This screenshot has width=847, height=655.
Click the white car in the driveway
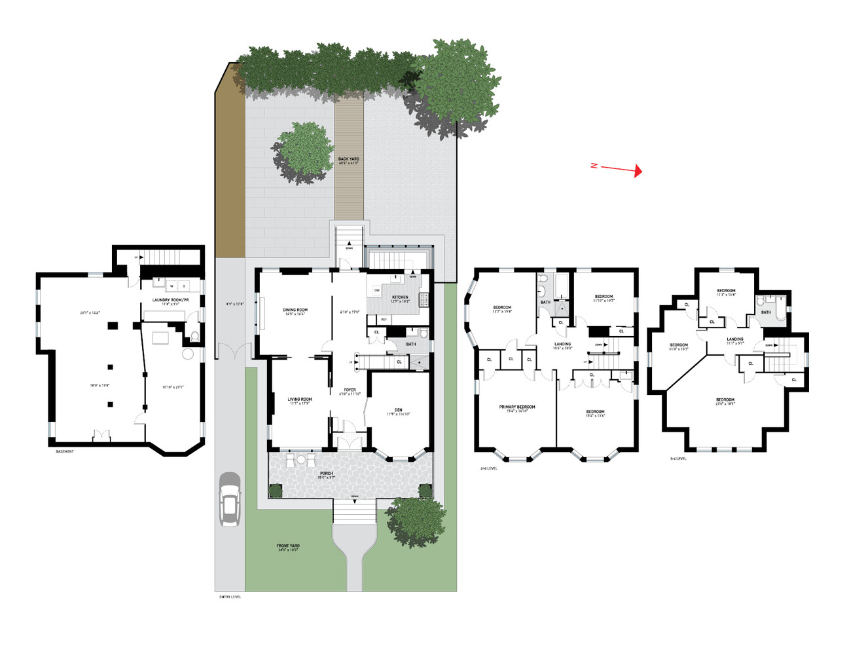point(230,499)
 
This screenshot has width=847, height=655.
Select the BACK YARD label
point(348,159)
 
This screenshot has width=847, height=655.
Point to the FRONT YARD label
point(288,546)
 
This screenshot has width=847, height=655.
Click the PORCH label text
point(327,474)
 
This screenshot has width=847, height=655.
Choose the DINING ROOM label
point(295,310)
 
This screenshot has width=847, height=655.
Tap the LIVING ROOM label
point(300,400)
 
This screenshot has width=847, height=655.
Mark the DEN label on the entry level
point(398,410)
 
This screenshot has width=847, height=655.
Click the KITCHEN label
point(400,297)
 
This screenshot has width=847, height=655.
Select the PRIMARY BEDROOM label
point(517,407)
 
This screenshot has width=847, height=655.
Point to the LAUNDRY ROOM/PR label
point(170,300)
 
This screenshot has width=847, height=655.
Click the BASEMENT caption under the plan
point(65,452)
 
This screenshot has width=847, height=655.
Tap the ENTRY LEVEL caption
point(230,597)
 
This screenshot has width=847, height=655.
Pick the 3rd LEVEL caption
point(678,458)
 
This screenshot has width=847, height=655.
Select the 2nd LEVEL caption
point(488,468)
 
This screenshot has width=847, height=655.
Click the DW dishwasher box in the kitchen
point(377,290)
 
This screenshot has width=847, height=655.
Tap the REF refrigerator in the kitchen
point(384,320)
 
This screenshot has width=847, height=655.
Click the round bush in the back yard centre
point(303,153)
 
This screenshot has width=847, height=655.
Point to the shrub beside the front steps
point(416,522)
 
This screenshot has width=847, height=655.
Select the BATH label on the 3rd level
point(766,312)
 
